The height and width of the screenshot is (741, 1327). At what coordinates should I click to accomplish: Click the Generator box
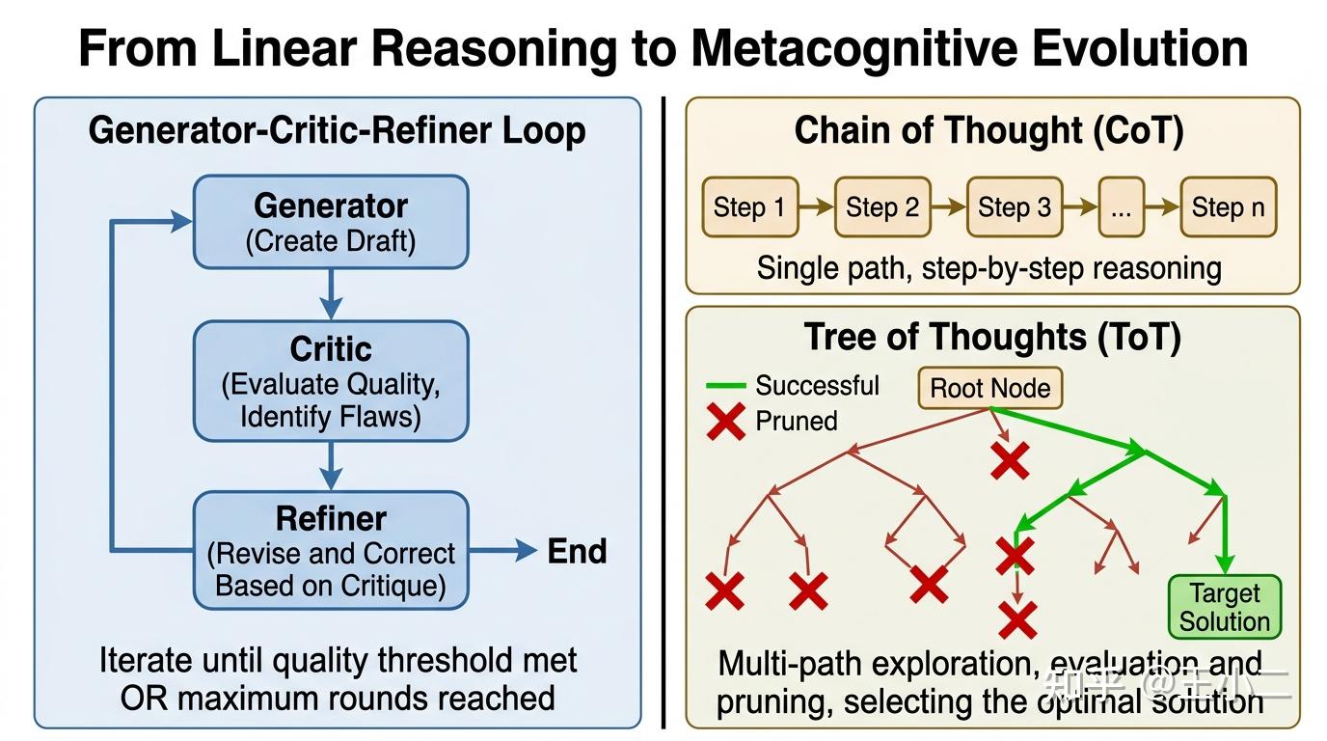click(331, 222)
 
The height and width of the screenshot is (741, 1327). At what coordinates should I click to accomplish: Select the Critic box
click(331, 381)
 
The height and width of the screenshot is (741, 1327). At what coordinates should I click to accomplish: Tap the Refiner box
click(331, 551)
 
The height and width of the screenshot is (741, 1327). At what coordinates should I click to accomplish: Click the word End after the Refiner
click(577, 552)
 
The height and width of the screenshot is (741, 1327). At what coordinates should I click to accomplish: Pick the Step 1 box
click(749, 207)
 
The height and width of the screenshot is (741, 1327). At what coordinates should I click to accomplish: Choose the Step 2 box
click(881, 207)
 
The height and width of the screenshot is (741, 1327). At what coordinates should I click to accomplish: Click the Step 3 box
click(1014, 207)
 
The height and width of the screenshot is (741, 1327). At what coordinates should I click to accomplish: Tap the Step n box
click(1228, 207)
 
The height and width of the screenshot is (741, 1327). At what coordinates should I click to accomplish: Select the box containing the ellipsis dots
click(1121, 207)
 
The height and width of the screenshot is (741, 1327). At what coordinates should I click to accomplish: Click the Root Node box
click(989, 389)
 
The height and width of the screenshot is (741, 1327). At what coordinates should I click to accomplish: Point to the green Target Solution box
click(1225, 607)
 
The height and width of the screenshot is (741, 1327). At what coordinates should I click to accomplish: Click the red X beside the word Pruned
click(725, 422)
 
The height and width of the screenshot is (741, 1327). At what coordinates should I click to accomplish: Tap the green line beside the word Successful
click(725, 386)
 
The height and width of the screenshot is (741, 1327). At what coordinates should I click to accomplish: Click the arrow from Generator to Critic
click(331, 294)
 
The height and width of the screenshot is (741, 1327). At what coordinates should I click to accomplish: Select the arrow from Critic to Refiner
click(331, 466)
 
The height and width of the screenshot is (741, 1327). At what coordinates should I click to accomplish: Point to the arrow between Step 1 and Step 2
click(816, 207)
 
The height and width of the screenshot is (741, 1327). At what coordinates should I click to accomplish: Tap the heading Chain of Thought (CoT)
click(988, 131)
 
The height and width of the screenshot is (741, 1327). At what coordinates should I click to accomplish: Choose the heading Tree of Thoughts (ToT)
click(992, 337)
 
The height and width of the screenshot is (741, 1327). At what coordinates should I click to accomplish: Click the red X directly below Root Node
click(1010, 462)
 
